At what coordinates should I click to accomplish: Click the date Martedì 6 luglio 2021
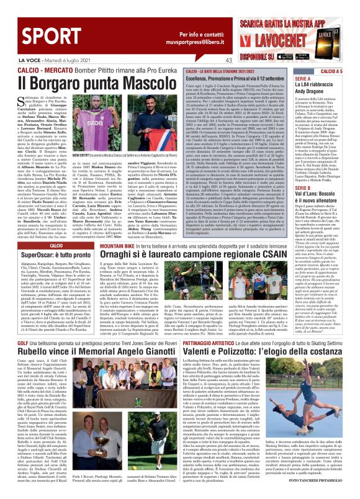tap(52, 60)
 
